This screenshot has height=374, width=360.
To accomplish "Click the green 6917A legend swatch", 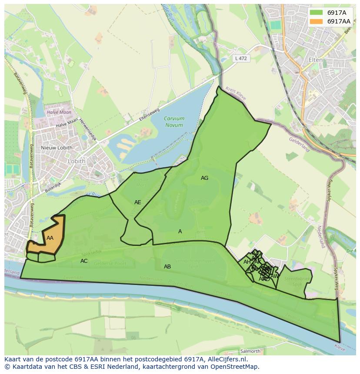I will coord(316,13).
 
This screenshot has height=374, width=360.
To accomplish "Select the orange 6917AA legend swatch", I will coord(316,21).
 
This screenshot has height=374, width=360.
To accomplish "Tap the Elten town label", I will coord(316,60).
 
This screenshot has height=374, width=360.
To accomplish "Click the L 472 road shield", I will coord(240,58).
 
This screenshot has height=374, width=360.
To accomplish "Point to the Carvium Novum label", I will coord(174,122).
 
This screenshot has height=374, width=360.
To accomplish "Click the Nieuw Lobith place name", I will coord(57,148).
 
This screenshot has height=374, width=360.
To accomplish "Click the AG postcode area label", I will coord(204,178).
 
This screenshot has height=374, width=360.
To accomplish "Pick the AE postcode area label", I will coord(137,202).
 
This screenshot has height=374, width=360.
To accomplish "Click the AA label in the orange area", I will coord(50,238).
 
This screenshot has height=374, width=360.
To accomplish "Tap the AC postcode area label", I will coord(84,261).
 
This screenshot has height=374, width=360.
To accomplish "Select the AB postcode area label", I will coord(167,267).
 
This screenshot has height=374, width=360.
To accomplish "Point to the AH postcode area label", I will coord(247,262).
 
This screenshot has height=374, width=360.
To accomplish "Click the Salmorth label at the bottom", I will coord(250,351).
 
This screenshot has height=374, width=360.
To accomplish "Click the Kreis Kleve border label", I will coord(235,93).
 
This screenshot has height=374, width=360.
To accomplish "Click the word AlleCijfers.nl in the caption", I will coord(222,360).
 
